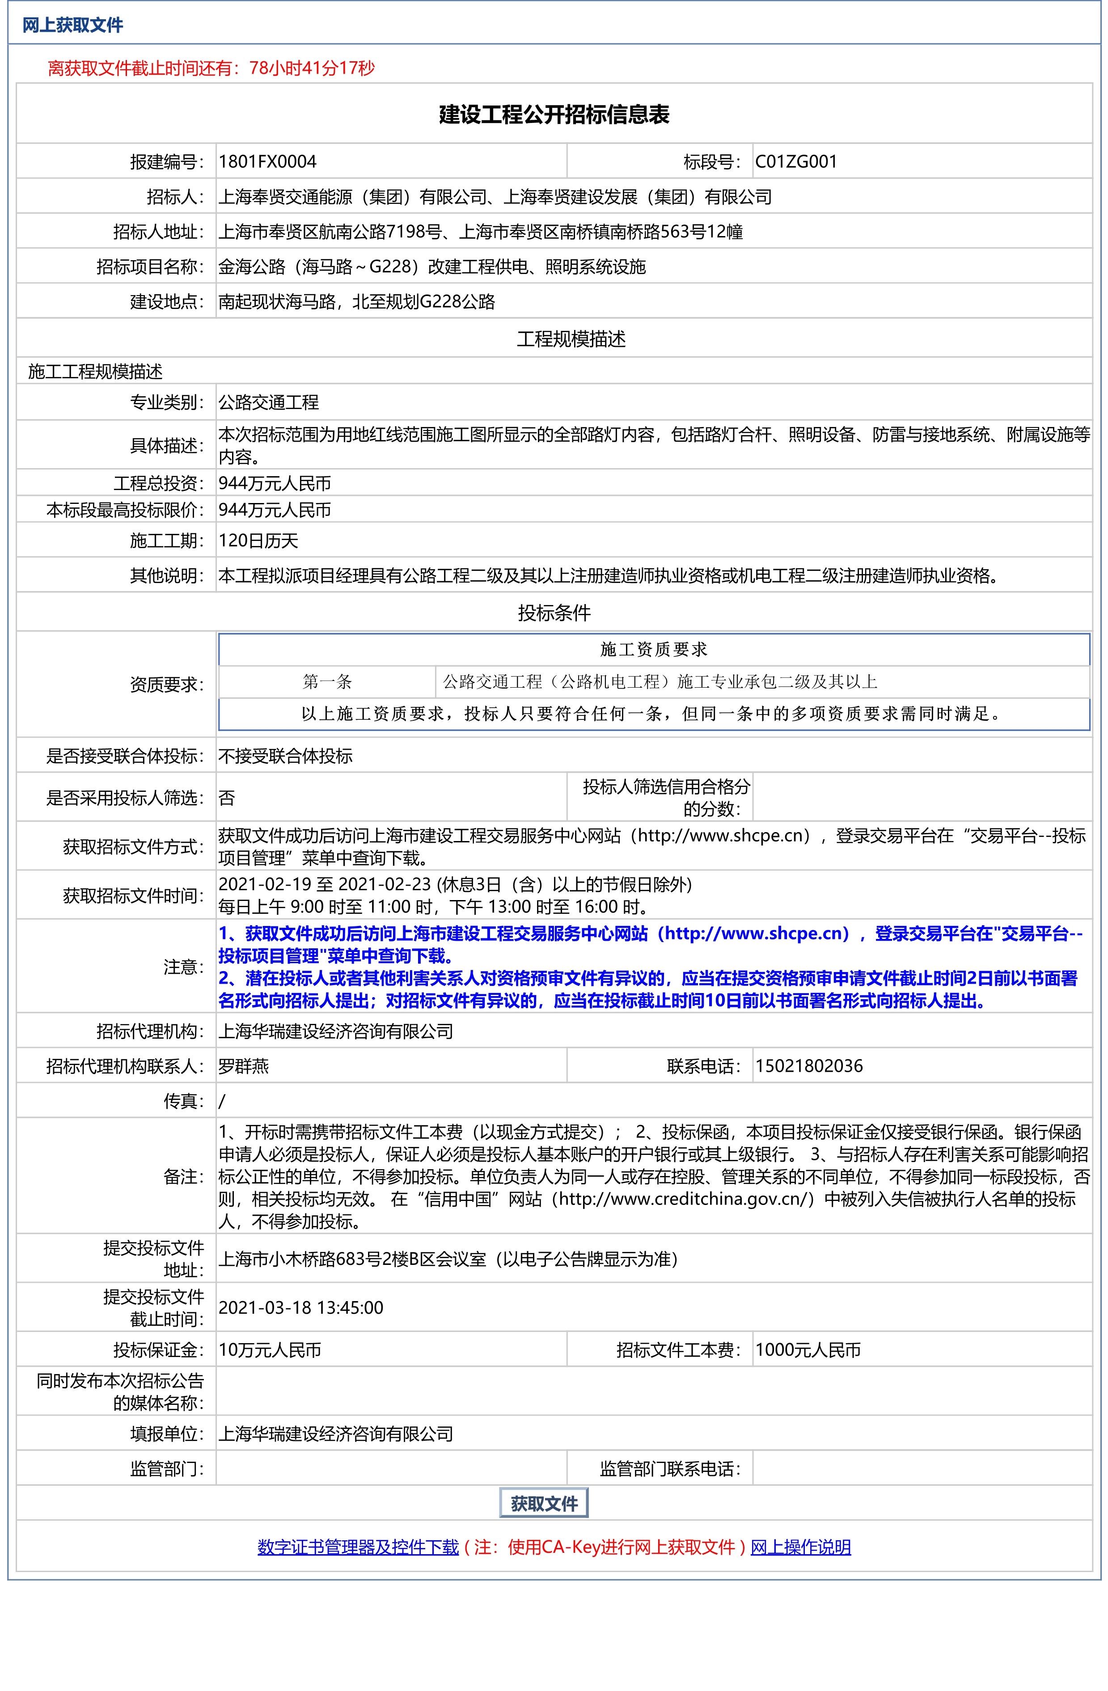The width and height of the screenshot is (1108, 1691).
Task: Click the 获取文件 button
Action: click(x=544, y=1503)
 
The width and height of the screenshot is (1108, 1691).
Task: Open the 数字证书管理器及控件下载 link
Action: click(x=358, y=1547)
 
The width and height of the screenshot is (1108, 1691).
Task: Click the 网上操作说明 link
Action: click(x=800, y=1547)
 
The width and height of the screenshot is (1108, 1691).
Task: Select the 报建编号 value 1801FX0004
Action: click(x=267, y=161)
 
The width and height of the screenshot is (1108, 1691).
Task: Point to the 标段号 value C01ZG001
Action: click(x=796, y=161)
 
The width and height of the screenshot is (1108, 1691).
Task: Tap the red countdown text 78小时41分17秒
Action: click(x=312, y=68)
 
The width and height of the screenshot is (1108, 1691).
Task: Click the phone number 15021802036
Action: click(x=809, y=1066)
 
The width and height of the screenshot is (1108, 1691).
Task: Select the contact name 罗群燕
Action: click(x=244, y=1066)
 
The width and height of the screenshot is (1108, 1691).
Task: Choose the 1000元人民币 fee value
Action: click(x=808, y=1350)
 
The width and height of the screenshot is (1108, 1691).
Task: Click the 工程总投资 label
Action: click(x=158, y=484)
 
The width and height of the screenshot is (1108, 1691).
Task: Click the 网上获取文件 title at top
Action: click(x=72, y=25)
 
